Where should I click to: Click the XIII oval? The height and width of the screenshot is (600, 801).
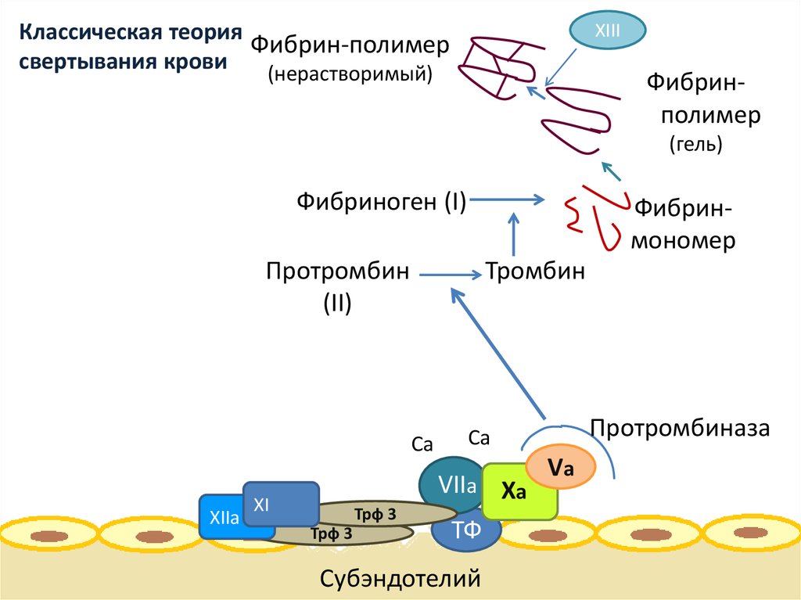point(607,31)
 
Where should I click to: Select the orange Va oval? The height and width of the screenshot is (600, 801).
point(561,469)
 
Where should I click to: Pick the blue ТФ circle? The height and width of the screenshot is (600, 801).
point(466,531)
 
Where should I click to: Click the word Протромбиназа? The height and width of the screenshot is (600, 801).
point(681,428)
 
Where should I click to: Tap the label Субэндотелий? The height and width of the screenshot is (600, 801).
point(400,579)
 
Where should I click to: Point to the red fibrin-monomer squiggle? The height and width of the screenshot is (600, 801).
point(598,216)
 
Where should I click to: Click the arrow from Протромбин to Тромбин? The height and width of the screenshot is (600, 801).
point(450,274)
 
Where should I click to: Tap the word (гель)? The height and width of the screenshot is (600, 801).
point(695,144)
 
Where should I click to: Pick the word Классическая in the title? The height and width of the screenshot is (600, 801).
point(74,34)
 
